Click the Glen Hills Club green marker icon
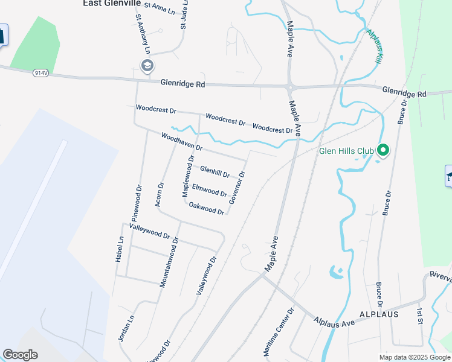[382, 150]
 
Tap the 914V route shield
[40, 72]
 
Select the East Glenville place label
[112, 4]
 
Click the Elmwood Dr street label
[209, 191]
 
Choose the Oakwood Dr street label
[207, 209]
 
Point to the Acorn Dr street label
[160, 194]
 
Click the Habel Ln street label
[120, 248]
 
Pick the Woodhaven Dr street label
[181, 142]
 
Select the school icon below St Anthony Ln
[147, 65]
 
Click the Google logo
[20, 355]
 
